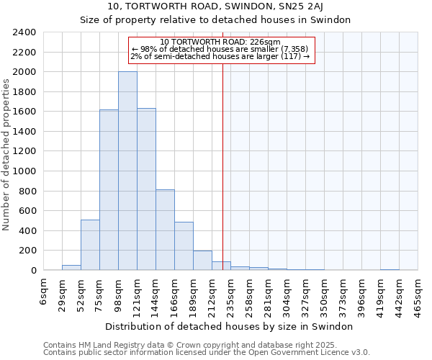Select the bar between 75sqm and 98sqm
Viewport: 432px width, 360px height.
109,190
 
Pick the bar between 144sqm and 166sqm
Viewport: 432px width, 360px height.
165,230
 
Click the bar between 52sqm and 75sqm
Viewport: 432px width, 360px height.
90,245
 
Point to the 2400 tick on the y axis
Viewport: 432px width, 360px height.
26,32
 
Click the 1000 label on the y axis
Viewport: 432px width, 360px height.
26,171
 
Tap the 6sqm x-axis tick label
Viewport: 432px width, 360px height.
43,289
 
